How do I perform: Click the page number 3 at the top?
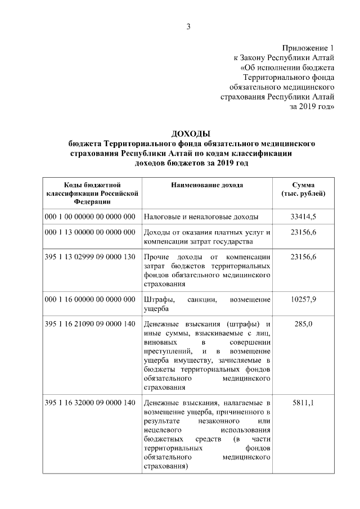(x=189, y=26)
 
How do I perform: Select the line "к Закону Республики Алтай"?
(x=285, y=58)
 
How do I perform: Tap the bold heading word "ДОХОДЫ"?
(x=191, y=133)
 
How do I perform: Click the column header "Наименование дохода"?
(x=206, y=184)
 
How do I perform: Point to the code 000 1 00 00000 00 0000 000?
(x=90, y=216)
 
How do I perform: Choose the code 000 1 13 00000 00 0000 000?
(x=90, y=232)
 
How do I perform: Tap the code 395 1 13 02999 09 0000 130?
(x=90, y=256)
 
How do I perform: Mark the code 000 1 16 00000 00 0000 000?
(x=90, y=299)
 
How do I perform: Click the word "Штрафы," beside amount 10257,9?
(x=158, y=299)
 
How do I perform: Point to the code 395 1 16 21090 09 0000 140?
(x=90, y=324)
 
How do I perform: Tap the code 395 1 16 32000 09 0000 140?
(x=90, y=403)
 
